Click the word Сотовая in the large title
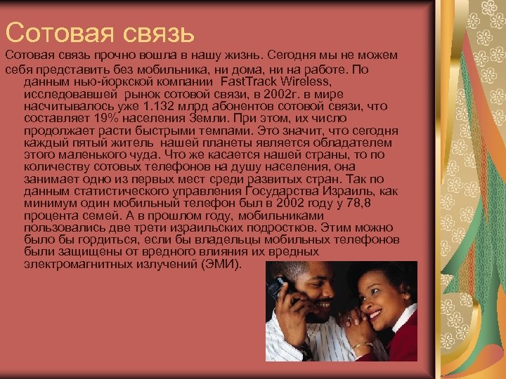click(x=55, y=31)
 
